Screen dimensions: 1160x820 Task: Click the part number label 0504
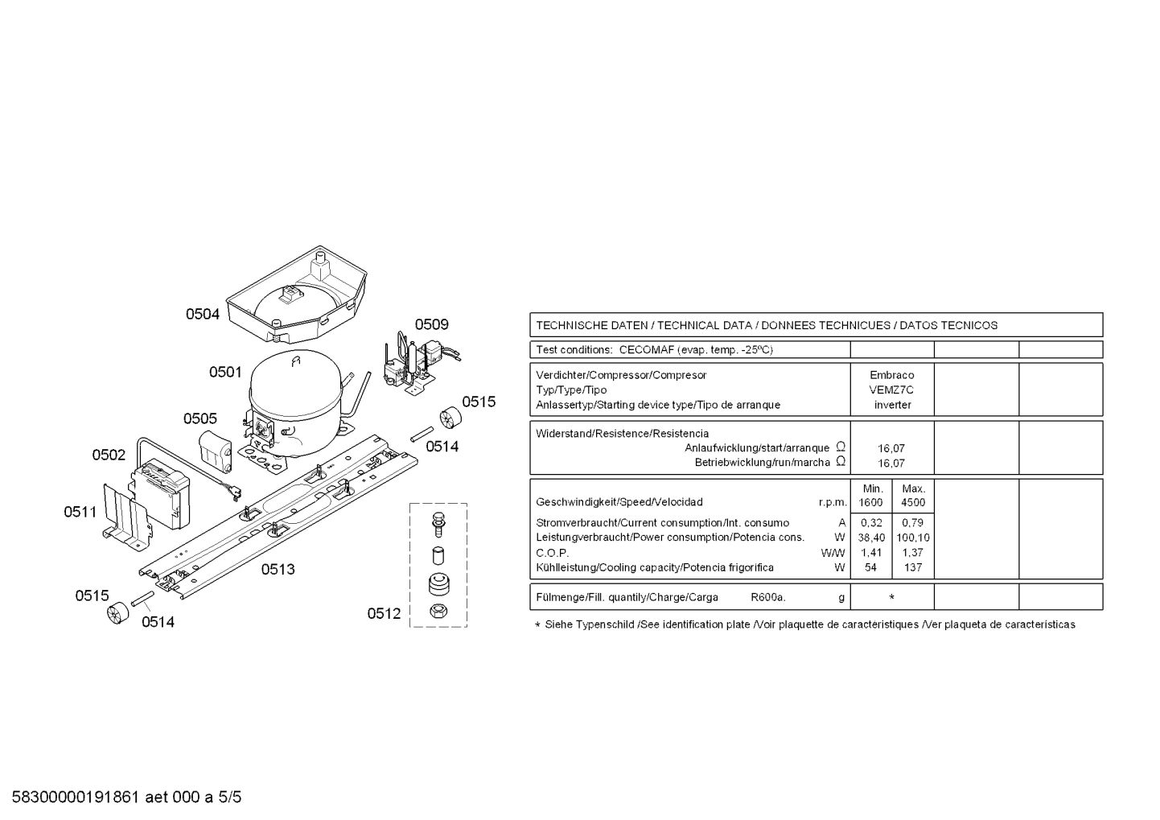tap(203, 314)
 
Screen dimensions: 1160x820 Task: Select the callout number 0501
tap(225, 372)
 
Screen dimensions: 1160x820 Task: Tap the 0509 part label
tap(431, 324)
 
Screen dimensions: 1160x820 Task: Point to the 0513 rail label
tap(278, 569)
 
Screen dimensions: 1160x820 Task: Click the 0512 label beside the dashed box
tap(384, 613)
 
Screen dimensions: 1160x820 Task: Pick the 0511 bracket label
tap(80, 512)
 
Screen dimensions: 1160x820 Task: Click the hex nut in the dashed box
tap(438, 612)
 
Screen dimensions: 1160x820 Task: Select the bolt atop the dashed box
tap(438, 524)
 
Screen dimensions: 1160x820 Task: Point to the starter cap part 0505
tap(216, 451)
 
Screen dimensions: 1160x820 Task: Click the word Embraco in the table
tap(892, 375)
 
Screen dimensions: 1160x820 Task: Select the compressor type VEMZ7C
tap(892, 390)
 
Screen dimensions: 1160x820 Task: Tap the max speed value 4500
tap(913, 502)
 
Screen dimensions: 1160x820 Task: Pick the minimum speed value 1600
tap(870, 502)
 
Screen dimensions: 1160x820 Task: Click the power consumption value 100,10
tap(913, 538)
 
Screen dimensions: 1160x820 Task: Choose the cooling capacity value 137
tap(913, 568)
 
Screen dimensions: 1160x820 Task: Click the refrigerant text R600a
tap(768, 597)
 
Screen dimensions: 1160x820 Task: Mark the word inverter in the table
tap(892, 405)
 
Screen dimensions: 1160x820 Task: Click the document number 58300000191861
tap(76, 797)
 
